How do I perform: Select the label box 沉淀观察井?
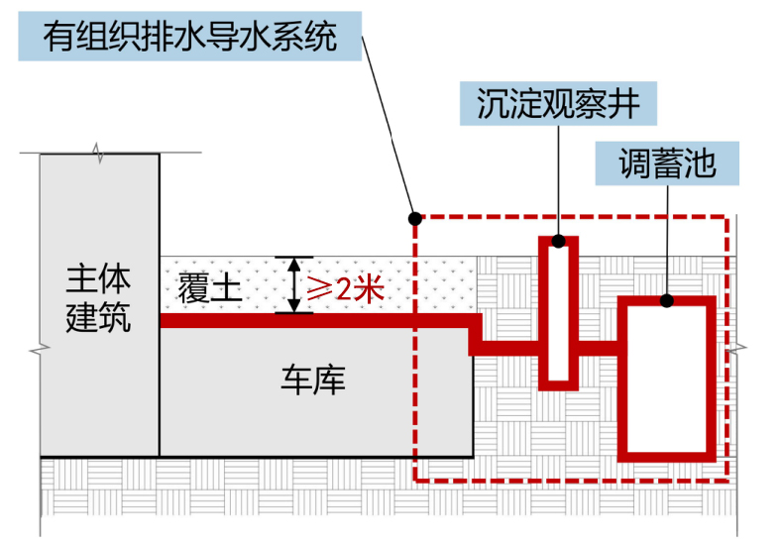[558, 104]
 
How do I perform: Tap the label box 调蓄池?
[667, 163]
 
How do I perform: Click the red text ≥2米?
[343, 288]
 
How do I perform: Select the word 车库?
[314, 380]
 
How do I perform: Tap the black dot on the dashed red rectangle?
[414, 218]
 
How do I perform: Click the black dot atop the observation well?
[559, 241]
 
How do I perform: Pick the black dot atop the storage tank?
[667, 300]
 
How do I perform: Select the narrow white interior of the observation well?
[559, 312]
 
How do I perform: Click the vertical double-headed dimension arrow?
[292, 285]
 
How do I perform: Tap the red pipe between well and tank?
[598, 346]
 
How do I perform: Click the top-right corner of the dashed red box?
[727, 218]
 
